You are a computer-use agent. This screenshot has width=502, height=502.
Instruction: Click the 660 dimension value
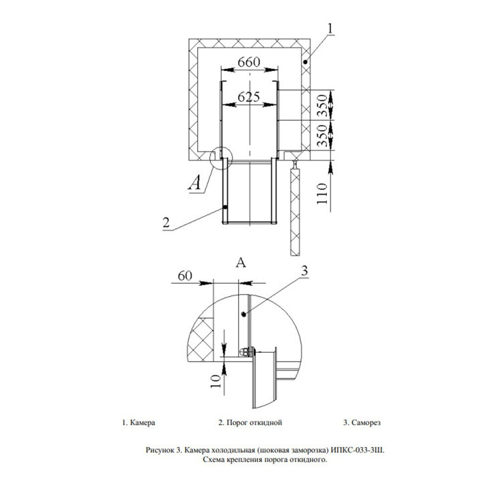pyautogui.click(x=249, y=62)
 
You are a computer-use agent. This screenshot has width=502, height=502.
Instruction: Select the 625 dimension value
pyautogui.click(x=249, y=96)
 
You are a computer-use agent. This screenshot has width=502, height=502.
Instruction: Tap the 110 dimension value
pyautogui.click(x=322, y=193)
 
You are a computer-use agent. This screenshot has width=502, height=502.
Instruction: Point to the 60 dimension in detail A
pyautogui.click(x=185, y=276)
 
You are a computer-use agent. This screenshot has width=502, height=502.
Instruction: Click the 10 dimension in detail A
pyautogui.click(x=216, y=381)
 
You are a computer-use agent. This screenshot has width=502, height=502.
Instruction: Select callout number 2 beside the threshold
pyautogui.click(x=166, y=223)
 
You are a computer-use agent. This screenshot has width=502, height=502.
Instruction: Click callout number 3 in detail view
pyautogui.click(x=304, y=271)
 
